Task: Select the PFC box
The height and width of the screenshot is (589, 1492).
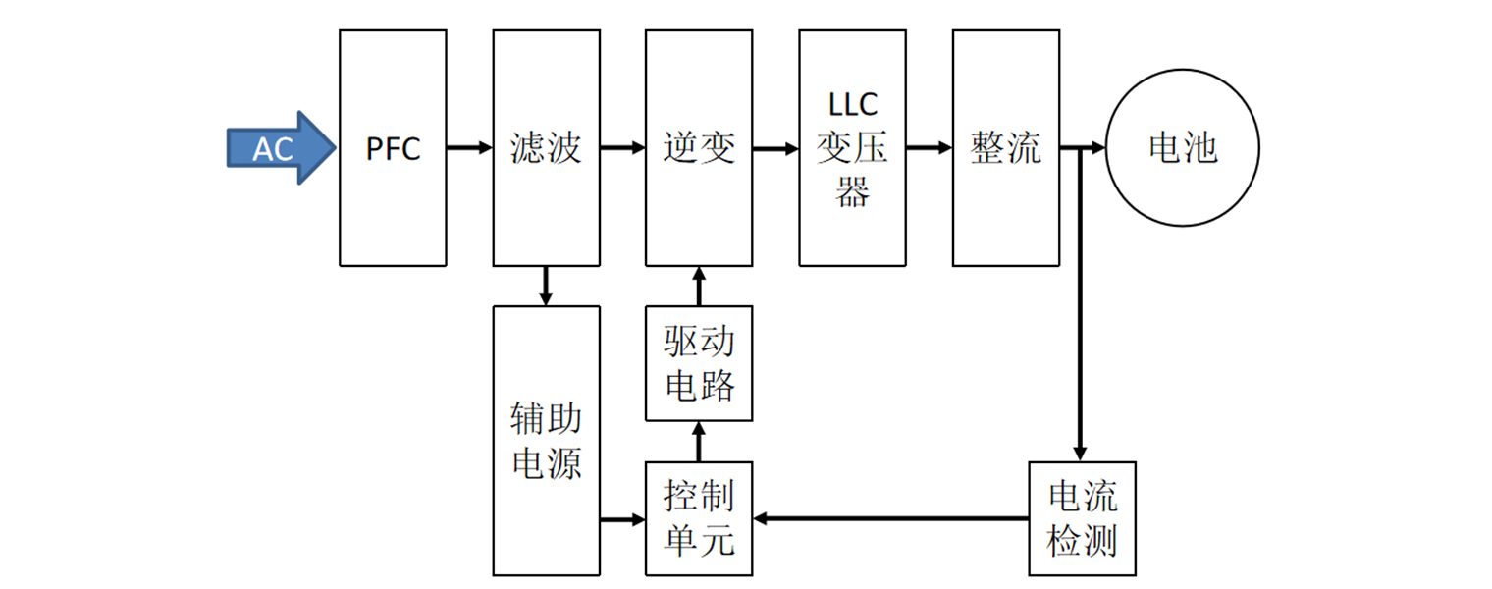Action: pyautogui.click(x=393, y=148)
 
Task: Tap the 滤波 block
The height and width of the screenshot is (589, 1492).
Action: pyautogui.click(x=546, y=148)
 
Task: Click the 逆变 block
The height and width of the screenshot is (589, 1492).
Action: pyautogui.click(x=699, y=148)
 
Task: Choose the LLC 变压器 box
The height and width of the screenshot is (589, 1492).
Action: pyautogui.click(x=852, y=148)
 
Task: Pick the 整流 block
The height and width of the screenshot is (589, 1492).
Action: pyautogui.click(x=1006, y=148)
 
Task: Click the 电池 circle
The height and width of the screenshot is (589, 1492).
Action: pyautogui.click(x=1183, y=148)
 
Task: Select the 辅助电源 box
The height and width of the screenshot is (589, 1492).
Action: pyautogui.click(x=546, y=440)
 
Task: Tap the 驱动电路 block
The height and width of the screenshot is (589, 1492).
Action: pyautogui.click(x=699, y=364)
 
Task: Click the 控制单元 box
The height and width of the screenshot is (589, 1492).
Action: pyautogui.click(x=699, y=518)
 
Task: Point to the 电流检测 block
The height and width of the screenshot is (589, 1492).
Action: pyautogui.click(x=1082, y=518)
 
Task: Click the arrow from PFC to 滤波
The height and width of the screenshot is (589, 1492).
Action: pyautogui.click(x=469, y=148)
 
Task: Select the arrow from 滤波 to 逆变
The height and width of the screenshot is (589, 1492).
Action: pyautogui.click(x=622, y=148)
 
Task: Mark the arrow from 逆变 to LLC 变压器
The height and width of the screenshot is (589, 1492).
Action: pyautogui.click(x=775, y=148)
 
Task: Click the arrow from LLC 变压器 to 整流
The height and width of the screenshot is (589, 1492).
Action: pyautogui.click(x=929, y=148)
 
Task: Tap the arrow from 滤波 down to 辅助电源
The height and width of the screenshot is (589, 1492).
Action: pyautogui.click(x=546, y=286)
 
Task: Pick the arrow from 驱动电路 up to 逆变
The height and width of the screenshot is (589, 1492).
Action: pyautogui.click(x=699, y=286)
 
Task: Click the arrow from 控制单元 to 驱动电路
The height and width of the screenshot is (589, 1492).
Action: pyautogui.click(x=699, y=441)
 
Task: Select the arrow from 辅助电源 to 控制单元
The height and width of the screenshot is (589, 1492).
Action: pyautogui.click(x=622, y=518)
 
